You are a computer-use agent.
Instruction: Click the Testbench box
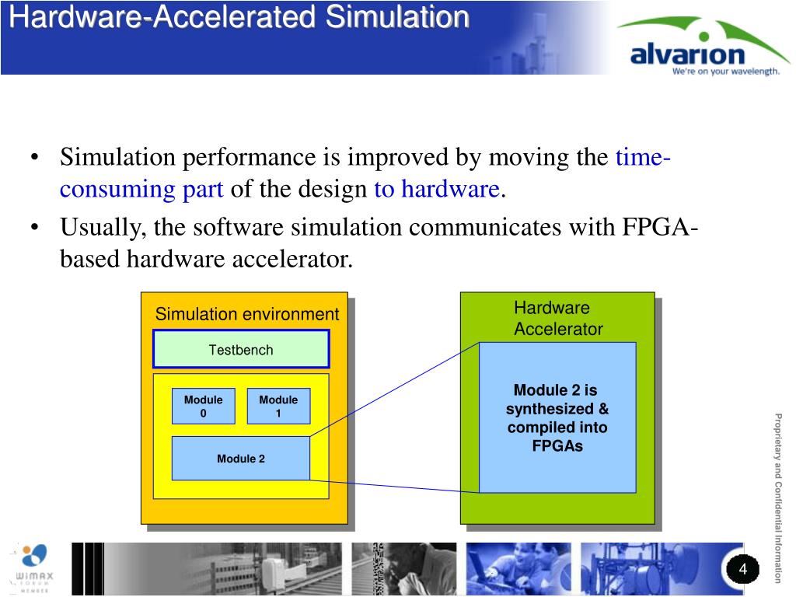coord(241,349)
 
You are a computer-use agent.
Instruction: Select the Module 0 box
coord(203,406)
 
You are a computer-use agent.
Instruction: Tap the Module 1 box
coord(278,406)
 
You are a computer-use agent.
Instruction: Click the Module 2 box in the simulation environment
coord(240,459)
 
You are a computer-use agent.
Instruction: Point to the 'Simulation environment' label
coord(247,314)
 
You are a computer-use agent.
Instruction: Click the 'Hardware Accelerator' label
coord(557,319)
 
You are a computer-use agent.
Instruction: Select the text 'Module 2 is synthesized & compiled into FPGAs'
coord(557,417)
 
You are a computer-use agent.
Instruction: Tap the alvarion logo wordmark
coord(686,55)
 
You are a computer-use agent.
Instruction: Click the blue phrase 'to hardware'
coord(436,189)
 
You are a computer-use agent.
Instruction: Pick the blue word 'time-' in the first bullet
coord(644,158)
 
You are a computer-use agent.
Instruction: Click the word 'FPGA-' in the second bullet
coord(660,228)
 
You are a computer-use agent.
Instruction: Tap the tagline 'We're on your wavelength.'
coord(725,72)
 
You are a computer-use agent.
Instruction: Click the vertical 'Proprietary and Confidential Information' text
coord(777,498)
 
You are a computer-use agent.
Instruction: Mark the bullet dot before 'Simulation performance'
coord(35,159)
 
